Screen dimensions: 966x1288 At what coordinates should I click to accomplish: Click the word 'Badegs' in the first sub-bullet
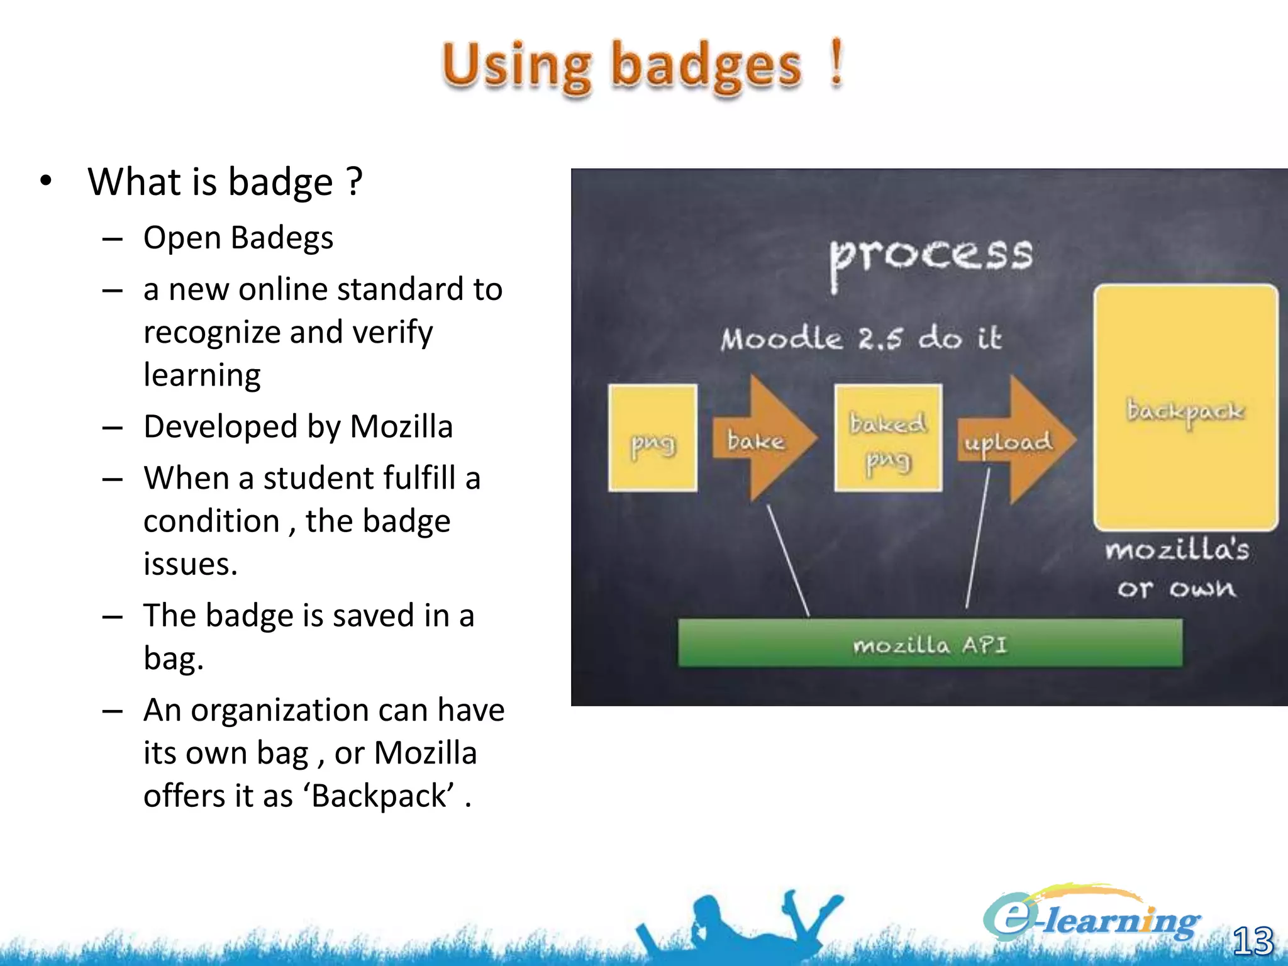pos(282,238)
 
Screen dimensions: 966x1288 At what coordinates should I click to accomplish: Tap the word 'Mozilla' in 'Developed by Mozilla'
pos(401,427)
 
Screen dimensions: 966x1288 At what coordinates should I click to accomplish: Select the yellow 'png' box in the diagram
pos(653,438)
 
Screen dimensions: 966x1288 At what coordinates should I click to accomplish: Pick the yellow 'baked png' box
pos(888,438)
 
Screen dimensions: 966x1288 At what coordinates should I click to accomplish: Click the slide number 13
pos(1253,941)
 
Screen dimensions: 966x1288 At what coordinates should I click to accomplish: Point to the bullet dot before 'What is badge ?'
pos(45,181)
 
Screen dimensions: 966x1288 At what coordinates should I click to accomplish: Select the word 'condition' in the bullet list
pos(211,521)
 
